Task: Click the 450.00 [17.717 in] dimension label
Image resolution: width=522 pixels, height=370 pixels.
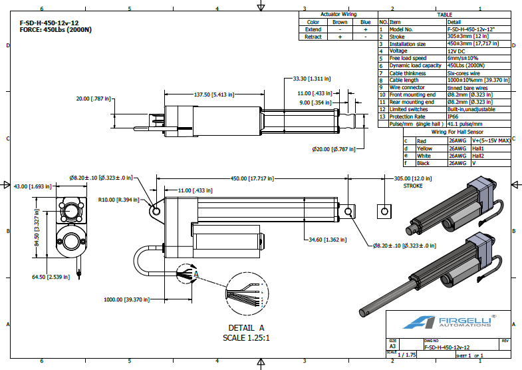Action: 252,178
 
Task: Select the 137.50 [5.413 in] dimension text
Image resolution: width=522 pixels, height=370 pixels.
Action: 214,94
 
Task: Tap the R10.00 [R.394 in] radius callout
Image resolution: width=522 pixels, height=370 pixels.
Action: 118,200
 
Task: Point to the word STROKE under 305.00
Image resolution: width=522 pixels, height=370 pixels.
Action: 413,186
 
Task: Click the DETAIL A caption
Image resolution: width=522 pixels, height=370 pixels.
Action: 246,328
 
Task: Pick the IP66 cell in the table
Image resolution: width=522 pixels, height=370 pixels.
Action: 453,116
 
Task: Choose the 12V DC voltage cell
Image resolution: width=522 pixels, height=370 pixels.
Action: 456,51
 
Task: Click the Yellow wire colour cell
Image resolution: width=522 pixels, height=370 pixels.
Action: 424,148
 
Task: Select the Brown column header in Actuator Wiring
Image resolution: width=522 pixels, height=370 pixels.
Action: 340,22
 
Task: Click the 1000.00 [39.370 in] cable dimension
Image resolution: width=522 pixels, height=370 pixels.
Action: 126,299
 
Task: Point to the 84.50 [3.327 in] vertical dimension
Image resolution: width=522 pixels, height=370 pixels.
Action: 37,228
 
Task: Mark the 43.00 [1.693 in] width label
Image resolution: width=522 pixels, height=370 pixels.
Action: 33,186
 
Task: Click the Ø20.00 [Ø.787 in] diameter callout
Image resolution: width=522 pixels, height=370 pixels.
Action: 334,149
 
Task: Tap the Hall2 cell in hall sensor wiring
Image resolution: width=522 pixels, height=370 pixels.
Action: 477,156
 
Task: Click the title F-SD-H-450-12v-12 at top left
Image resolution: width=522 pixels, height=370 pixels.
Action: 49,23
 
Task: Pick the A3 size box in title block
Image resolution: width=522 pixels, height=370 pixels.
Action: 392,346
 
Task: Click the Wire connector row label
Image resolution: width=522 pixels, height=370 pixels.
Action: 407,88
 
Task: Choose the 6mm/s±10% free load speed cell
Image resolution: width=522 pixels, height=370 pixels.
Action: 463,59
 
